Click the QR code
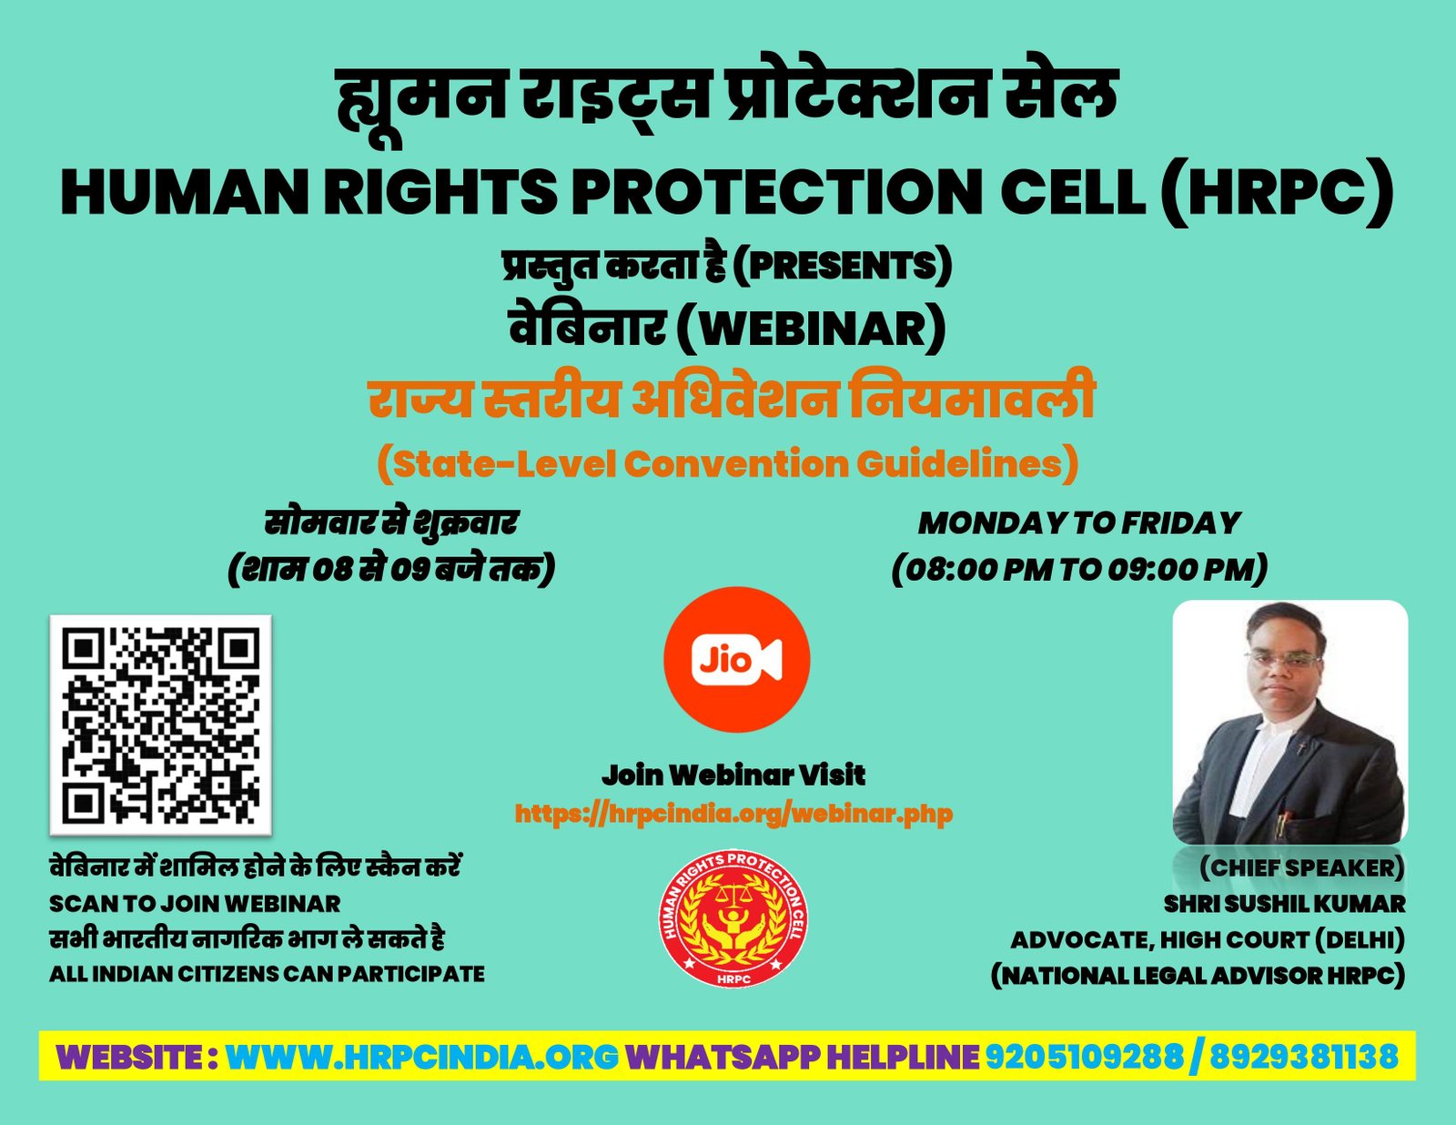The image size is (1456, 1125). [160, 725]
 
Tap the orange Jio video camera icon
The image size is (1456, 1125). [736, 660]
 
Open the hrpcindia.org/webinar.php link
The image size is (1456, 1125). [733, 815]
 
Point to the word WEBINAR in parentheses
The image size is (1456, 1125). [811, 329]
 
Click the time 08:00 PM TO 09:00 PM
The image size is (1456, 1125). [1078, 571]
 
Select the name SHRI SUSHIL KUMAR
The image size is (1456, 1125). [1285, 905]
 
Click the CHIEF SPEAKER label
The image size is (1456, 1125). [1302, 868]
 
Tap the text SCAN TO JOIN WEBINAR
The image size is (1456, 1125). [195, 905]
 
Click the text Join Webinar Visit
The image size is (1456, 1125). [733, 775]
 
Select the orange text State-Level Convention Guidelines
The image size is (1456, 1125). [728, 464]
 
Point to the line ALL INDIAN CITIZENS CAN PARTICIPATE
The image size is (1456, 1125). [267, 974]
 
